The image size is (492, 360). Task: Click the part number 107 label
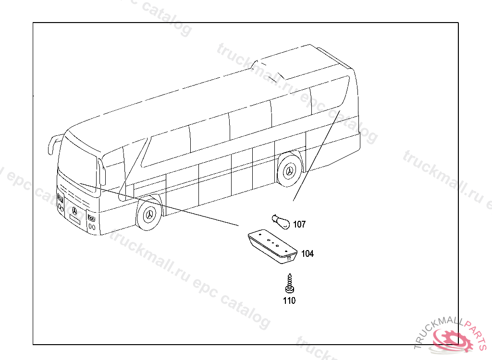pyautogui.click(x=299, y=224)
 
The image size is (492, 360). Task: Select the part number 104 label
pyautogui.click(x=307, y=253)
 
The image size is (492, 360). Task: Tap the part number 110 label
pyautogui.click(x=289, y=301)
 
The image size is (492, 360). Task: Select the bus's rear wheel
pyautogui.click(x=290, y=170)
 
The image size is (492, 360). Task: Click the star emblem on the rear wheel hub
pyautogui.click(x=290, y=171)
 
